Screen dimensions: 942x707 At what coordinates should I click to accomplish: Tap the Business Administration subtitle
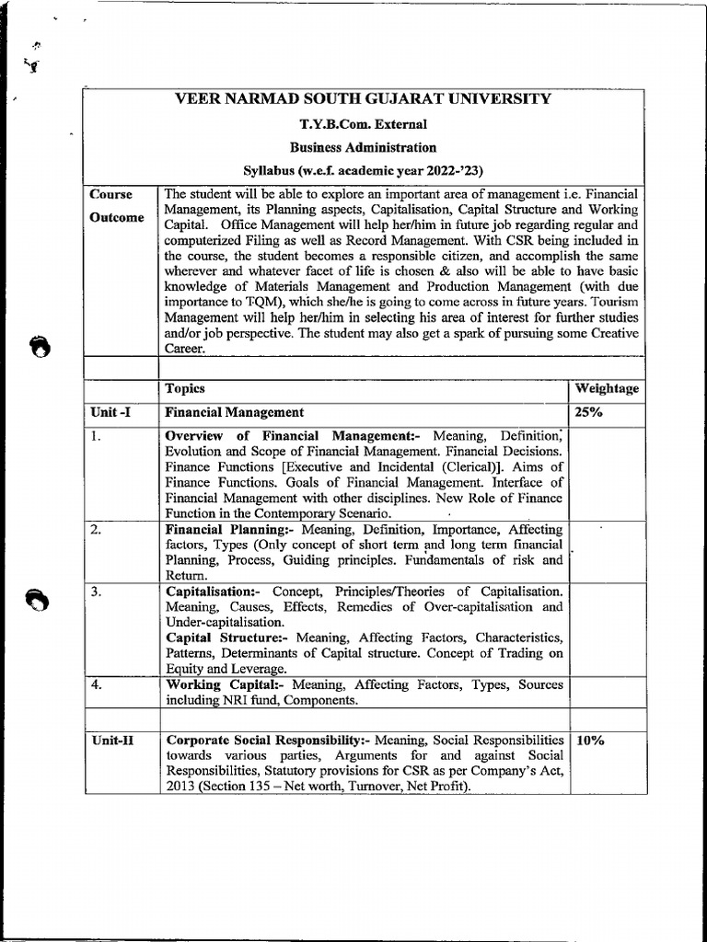point(364,147)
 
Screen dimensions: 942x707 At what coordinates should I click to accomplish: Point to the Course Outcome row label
point(116,206)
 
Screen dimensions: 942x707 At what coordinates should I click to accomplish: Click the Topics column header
point(185,388)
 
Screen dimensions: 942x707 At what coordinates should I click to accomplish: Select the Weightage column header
point(607,388)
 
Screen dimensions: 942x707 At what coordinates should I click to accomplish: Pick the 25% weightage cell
point(589,413)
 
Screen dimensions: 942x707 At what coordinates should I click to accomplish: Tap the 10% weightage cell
point(590,740)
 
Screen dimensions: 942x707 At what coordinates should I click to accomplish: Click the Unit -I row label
point(110,413)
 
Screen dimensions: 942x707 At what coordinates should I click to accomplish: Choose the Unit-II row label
point(112,740)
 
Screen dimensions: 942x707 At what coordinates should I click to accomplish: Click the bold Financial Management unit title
point(234,413)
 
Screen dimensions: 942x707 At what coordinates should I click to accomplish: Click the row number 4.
point(97,684)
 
